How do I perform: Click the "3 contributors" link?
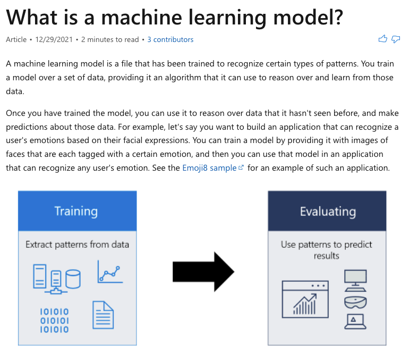[x=170, y=39]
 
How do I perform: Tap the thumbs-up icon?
[x=382, y=39]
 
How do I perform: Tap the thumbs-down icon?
[x=396, y=39]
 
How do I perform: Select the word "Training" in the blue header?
[x=76, y=211]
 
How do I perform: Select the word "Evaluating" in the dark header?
[x=327, y=211]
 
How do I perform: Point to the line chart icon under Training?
[x=110, y=272]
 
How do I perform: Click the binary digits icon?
[x=54, y=320]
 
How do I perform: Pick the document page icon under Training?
[x=103, y=315]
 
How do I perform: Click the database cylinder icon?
[x=73, y=278]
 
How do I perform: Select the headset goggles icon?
[x=355, y=302]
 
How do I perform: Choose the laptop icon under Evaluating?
[x=355, y=321]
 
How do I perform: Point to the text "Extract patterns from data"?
[x=77, y=245]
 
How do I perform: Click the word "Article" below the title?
[x=16, y=39]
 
